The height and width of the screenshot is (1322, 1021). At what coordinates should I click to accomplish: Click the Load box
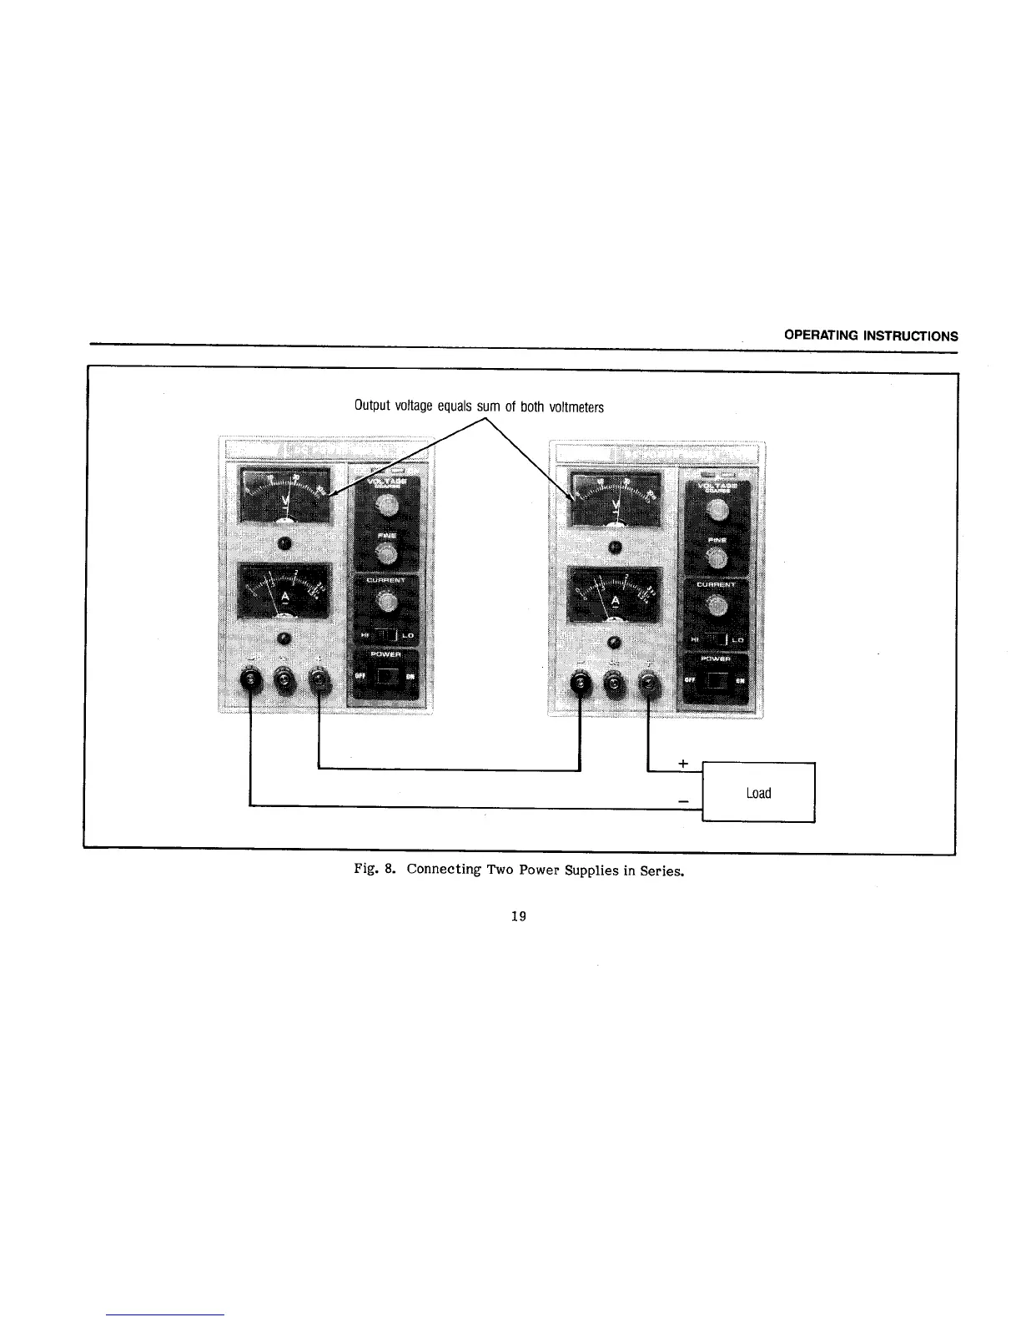[759, 793]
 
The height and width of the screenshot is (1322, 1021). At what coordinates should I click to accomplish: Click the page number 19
[518, 916]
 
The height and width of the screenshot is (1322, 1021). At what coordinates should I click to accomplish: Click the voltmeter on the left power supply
[284, 495]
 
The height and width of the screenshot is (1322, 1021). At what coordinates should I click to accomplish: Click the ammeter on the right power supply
[616, 595]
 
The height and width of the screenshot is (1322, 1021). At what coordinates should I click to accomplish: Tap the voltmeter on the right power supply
[616, 499]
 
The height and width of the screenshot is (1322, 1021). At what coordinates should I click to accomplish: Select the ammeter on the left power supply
[284, 590]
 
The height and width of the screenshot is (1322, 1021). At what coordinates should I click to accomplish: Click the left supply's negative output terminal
[249, 682]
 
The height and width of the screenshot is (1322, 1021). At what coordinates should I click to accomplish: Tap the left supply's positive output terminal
[319, 682]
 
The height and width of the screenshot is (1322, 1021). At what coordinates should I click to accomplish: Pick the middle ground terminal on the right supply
[615, 686]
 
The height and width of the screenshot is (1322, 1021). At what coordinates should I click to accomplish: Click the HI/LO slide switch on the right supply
[717, 640]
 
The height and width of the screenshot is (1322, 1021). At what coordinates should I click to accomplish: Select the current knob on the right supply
[715, 606]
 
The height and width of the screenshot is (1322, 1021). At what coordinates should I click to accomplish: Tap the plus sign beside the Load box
[683, 764]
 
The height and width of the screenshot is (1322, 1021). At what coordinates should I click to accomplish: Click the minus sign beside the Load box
[683, 801]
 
